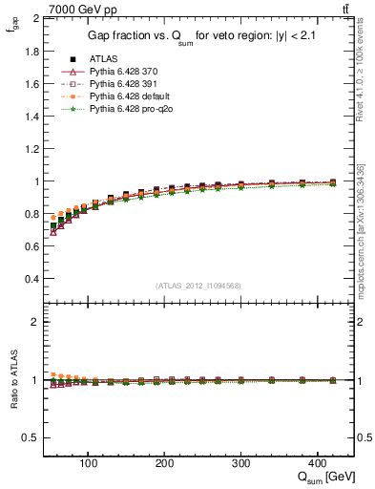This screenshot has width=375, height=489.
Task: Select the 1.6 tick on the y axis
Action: point(31,84)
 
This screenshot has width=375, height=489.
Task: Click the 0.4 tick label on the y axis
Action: point(31,279)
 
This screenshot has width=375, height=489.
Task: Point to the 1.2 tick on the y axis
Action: point(31,149)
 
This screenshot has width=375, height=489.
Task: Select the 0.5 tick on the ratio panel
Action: point(31,437)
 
